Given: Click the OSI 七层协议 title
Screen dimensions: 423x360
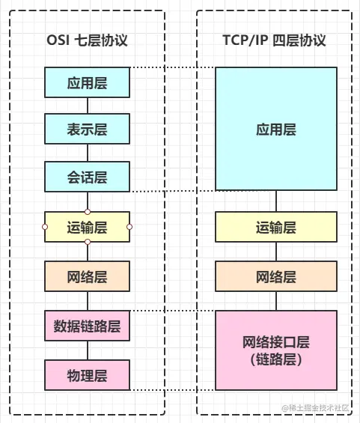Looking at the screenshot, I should [87, 39].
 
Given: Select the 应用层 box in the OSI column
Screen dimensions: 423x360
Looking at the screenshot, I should [87, 82].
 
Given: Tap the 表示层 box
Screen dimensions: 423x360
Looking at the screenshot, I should [87, 130].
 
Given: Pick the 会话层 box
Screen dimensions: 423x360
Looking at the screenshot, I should [87, 177].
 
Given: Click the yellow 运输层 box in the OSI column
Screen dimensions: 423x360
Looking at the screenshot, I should [87, 227].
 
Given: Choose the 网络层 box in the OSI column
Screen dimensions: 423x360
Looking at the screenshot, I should [87, 276].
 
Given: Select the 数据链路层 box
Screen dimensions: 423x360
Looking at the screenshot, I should [87, 326].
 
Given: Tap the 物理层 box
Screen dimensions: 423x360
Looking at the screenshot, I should [87, 375].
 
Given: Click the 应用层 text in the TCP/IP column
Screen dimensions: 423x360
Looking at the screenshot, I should [276, 130].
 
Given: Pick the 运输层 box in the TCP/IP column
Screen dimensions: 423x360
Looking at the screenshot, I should [276, 227].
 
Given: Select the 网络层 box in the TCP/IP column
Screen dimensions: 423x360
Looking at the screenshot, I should [276, 276].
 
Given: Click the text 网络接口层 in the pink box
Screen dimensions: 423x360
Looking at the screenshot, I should [276, 342].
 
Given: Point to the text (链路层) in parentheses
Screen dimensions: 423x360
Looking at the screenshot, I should [276, 360].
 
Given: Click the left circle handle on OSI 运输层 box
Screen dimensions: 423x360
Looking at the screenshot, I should [44, 226].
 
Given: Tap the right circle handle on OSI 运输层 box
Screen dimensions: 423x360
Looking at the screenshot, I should [129, 226].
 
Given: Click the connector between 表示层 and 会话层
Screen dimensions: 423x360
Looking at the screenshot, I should [88, 153].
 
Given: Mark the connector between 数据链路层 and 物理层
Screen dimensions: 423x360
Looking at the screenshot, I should [88, 350].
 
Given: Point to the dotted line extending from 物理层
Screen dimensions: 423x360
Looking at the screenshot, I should [172, 389].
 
